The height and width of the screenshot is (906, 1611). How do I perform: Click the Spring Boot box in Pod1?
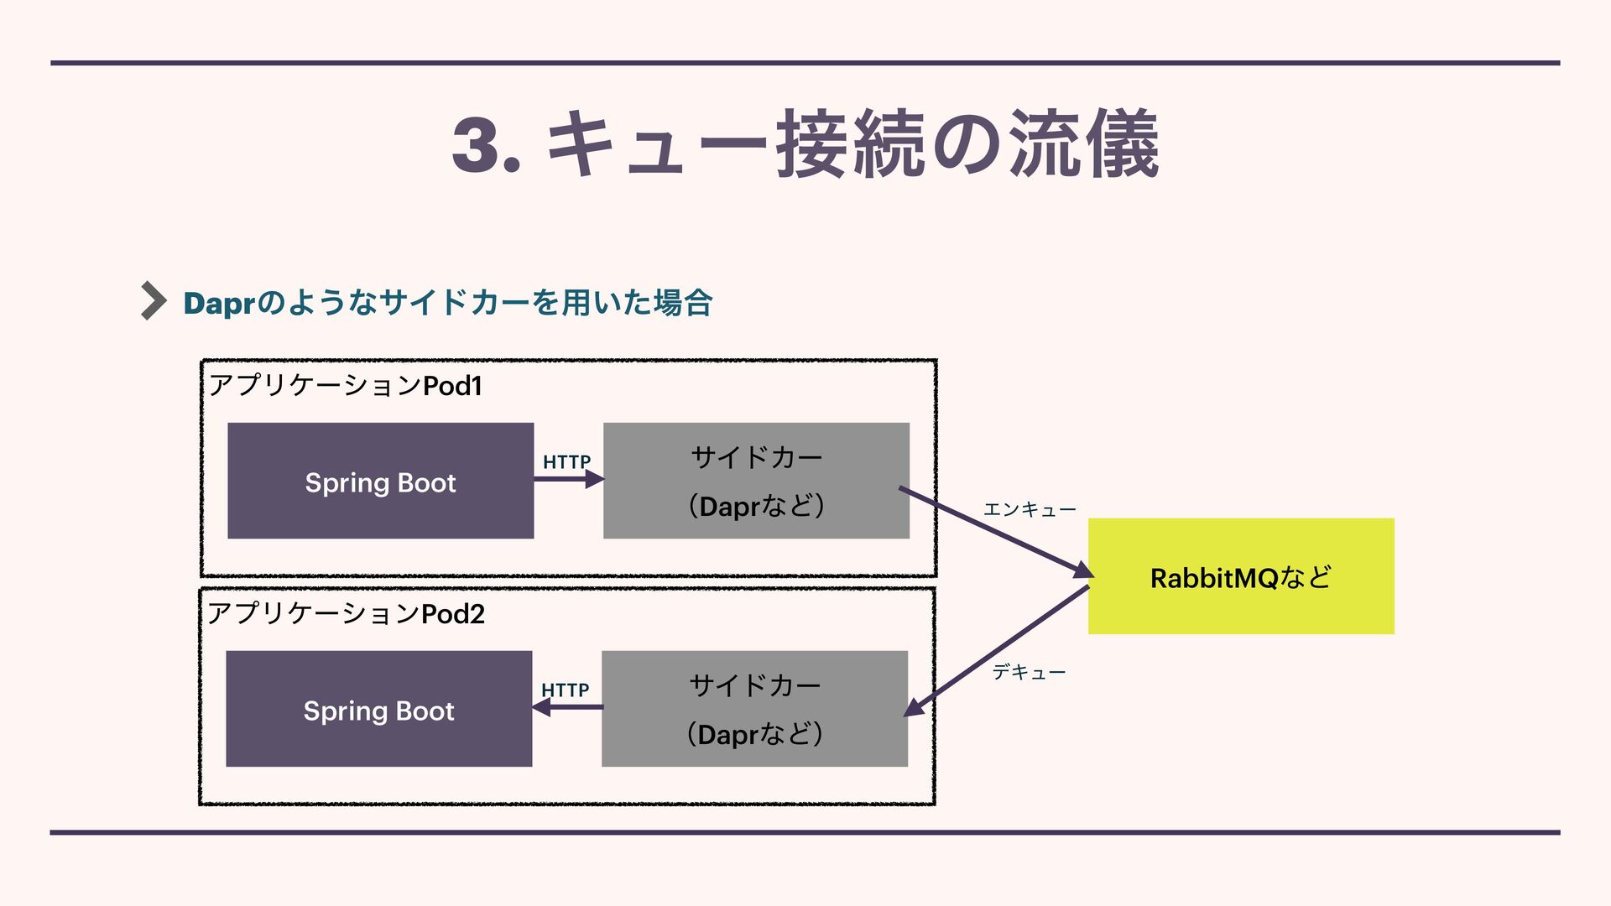(380, 481)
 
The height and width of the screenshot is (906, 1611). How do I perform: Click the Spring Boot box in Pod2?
(378, 709)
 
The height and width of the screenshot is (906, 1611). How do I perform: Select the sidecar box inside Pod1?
(756, 481)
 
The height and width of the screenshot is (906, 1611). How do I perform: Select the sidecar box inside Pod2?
(754, 709)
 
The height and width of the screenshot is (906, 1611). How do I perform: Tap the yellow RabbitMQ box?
(1240, 576)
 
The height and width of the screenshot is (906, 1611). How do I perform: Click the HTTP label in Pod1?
(566, 461)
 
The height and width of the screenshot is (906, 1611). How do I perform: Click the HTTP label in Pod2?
(565, 690)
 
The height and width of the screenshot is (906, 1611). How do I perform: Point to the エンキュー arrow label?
(1029, 509)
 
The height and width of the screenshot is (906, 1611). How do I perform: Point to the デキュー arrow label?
(1029, 672)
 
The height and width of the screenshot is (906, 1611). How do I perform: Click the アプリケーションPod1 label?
(345, 386)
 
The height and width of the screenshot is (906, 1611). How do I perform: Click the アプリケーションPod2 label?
(345, 614)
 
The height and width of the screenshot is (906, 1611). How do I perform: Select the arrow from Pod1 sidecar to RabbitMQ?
(996, 531)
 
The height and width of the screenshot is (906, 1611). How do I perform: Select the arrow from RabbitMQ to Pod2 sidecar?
(996, 651)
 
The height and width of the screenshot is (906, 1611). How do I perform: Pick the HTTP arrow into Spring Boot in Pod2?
(567, 707)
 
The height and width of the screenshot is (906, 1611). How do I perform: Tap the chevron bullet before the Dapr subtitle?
(153, 300)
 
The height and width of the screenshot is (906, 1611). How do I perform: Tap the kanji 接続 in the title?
(850, 144)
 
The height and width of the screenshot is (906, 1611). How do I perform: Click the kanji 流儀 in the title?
(1083, 144)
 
